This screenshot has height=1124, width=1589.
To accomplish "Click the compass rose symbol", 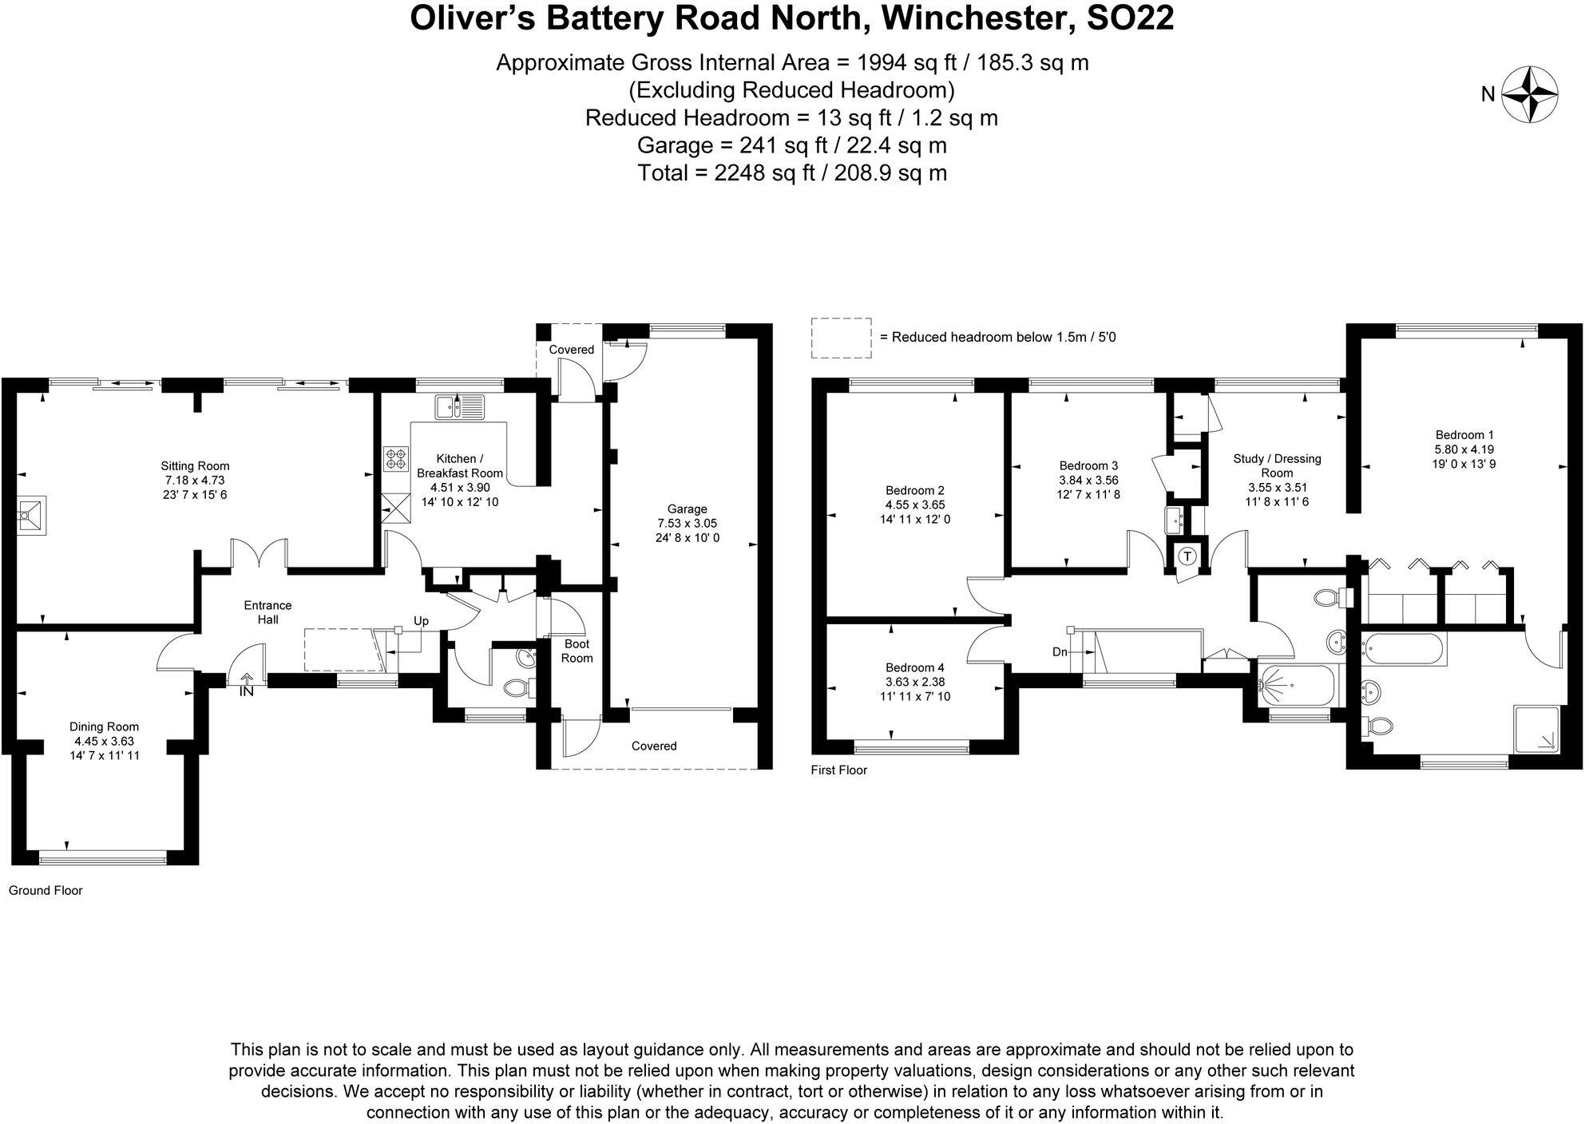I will [1530, 94].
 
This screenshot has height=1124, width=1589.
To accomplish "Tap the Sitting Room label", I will [195, 466].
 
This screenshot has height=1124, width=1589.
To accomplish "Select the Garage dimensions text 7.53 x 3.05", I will [687, 524].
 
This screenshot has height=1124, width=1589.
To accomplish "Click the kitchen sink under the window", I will [460, 408].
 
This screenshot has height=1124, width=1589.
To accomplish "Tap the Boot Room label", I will [577, 651].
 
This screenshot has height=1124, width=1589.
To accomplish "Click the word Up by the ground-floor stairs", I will [421, 621].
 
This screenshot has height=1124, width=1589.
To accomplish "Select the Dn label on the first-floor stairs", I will [1060, 652].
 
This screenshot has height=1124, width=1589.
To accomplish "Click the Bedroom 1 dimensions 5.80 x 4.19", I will [1464, 449].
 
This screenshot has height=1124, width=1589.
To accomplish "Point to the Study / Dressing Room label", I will [1277, 465].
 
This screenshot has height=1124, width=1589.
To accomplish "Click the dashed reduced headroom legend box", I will [841, 338].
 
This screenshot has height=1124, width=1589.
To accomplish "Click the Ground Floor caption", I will [46, 890].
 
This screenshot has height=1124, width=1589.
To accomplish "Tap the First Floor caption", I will [838, 770].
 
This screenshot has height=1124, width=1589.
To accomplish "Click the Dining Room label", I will [104, 726].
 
